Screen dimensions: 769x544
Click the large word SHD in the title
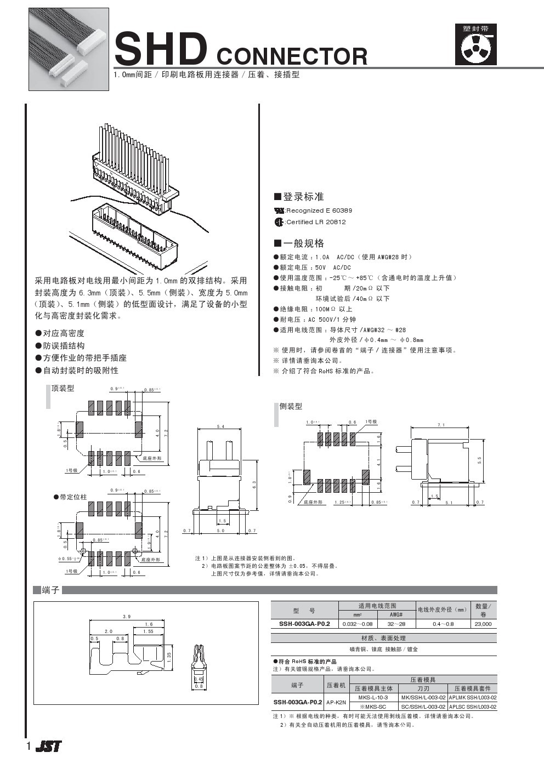(160, 49)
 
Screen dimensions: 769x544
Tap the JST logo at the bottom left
(49, 746)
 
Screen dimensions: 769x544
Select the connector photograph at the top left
(69, 49)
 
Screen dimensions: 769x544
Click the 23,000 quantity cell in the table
(483, 624)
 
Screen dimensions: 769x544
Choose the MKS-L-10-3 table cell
(373, 697)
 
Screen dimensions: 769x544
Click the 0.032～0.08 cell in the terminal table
(358, 624)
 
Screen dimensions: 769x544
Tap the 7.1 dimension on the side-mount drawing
(441, 425)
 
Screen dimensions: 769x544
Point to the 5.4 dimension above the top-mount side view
(220, 426)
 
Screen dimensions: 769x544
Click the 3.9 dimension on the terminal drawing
(127, 617)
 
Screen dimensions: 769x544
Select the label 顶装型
(63, 389)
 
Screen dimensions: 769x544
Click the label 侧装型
(291, 406)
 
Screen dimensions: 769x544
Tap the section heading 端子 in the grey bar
(50, 590)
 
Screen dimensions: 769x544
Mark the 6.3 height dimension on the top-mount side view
(254, 485)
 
